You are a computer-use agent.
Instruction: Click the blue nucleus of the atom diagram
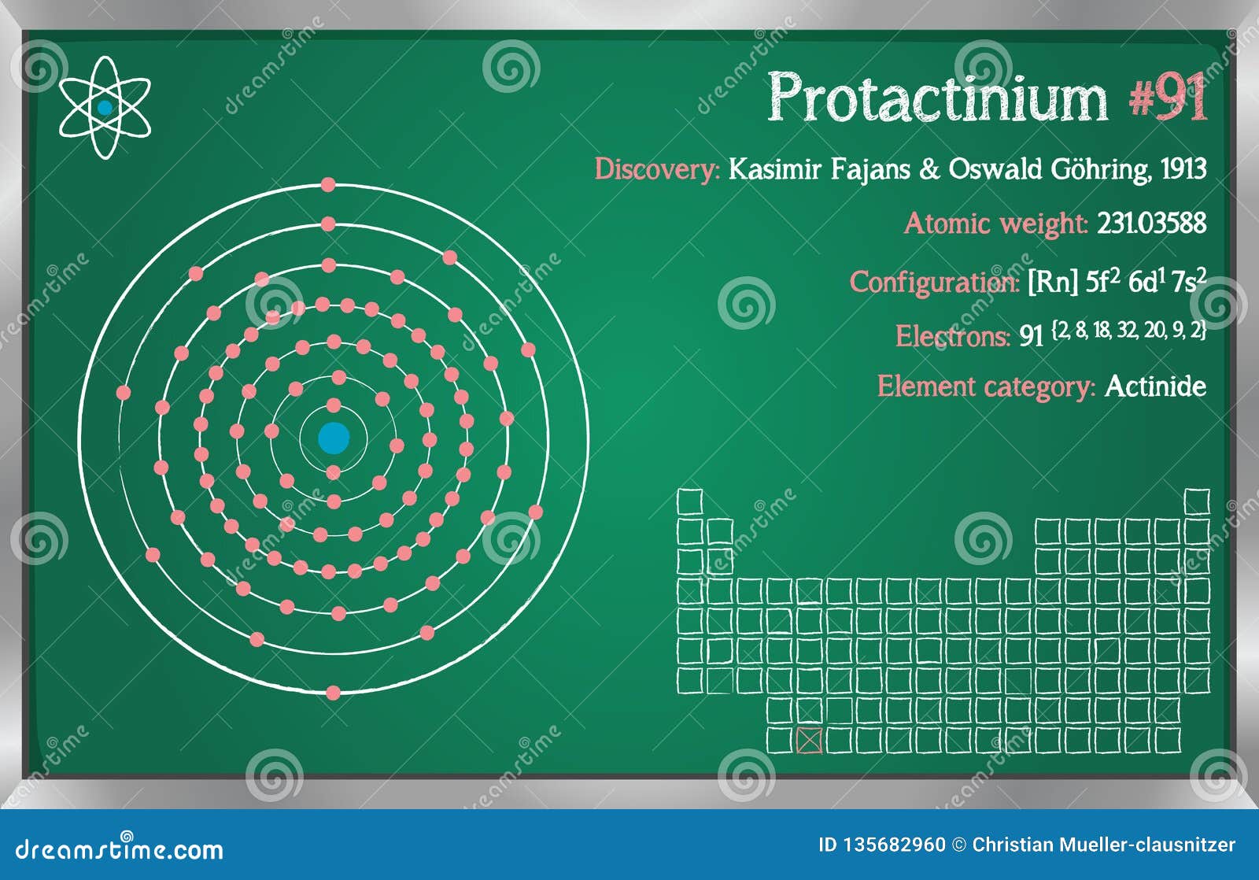tap(334, 438)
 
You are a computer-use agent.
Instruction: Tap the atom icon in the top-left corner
tap(105, 108)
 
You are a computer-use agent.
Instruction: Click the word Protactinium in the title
tap(937, 98)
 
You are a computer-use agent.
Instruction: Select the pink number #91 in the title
tap(1168, 98)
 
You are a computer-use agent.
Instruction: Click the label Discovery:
tap(657, 169)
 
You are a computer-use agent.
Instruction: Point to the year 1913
tap(1183, 168)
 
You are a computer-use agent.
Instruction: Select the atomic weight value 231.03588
tap(1151, 224)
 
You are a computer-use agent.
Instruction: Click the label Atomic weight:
tap(995, 224)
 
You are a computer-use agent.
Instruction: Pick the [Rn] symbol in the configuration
tap(1051, 282)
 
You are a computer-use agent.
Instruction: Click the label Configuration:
tap(934, 282)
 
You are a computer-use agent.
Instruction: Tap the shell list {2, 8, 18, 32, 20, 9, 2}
tap(1128, 331)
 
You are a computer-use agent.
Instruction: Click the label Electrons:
tap(952, 337)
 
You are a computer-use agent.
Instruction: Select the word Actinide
tap(1155, 386)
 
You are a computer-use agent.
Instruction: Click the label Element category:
tap(986, 386)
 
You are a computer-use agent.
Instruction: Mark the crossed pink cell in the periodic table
tap(809, 741)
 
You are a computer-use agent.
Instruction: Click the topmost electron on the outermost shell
tap(328, 185)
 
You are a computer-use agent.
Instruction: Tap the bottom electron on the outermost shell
tap(333, 693)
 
